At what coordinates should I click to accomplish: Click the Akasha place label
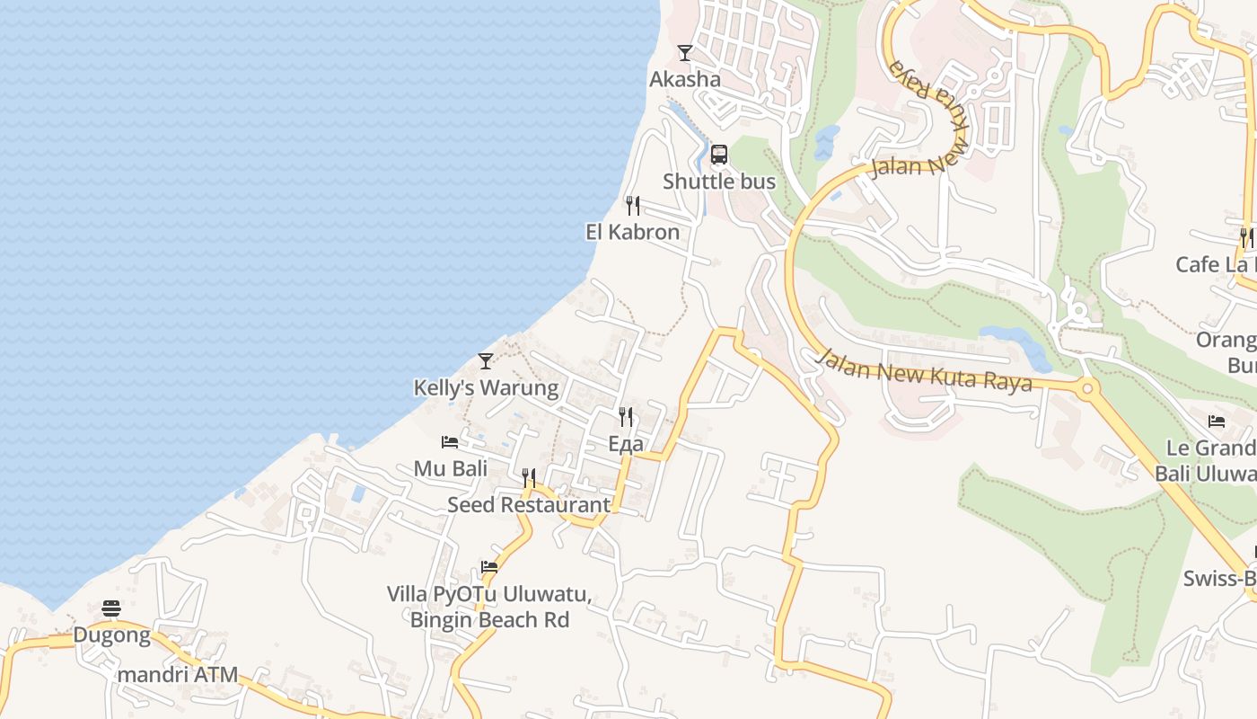pyautogui.click(x=685, y=79)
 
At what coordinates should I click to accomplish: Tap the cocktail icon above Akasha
pyautogui.click(x=685, y=53)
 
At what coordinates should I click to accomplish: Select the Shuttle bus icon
pyautogui.click(x=719, y=155)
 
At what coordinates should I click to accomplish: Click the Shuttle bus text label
pyautogui.click(x=719, y=182)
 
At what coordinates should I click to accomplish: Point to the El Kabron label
pyautogui.click(x=633, y=232)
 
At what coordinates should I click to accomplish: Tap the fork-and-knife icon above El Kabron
pyautogui.click(x=633, y=206)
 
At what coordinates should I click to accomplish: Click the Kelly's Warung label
pyautogui.click(x=486, y=388)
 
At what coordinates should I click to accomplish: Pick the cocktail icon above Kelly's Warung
pyautogui.click(x=486, y=361)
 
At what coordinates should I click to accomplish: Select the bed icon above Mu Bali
pyautogui.click(x=450, y=442)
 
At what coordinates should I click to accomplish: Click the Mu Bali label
pyautogui.click(x=451, y=468)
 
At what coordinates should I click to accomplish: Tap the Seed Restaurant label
pyautogui.click(x=529, y=505)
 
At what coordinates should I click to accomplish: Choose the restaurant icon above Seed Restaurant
pyautogui.click(x=529, y=477)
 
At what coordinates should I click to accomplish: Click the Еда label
pyautogui.click(x=626, y=444)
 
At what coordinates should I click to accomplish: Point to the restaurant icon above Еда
pyautogui.click(x=626, y=417)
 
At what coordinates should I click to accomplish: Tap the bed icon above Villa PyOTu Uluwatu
pyautogui.click(x=489, y=567)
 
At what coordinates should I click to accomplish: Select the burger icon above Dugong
pyautogui.click(x=111, y=608)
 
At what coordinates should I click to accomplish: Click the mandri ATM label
pyautogui.click(x=178, y=674)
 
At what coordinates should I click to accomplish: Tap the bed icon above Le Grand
pyautogui.click(x=1217, y=421)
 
